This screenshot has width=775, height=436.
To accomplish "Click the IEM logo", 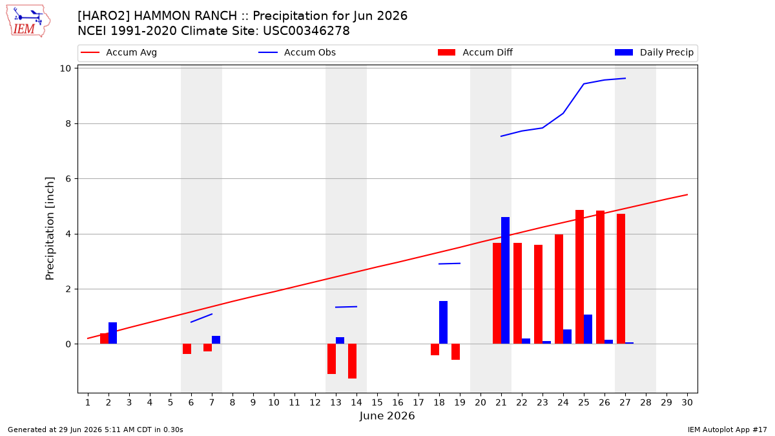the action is (x=28, y=21).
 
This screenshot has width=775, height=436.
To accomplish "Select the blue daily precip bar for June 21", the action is (x=505, y=280).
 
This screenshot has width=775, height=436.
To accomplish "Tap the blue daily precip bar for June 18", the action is (x=443, y=322).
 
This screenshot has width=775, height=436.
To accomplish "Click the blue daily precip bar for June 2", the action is (x=113, y=333).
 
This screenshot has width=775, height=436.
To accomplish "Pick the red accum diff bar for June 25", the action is (x=579, y=277).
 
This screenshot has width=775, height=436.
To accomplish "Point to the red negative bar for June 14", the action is (x=352, y=361).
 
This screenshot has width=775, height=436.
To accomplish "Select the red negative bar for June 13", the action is (x=331, y=359).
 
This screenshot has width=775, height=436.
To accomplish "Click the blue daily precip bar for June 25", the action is (x=588, y=329).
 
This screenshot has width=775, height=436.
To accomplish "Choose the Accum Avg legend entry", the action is (x=119, y=52).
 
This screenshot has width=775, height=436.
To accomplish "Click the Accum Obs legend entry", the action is (x=297, y=52).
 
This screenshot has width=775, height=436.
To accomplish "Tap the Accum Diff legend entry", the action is (x=475, y=52).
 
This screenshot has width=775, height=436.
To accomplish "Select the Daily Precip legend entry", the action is (x=654, y=52).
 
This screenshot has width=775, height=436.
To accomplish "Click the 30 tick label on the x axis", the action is (x=687, y=402).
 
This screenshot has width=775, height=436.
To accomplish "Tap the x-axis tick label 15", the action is (x=377, y=402).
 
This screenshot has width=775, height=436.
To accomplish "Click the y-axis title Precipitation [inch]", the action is (x=50, y=229).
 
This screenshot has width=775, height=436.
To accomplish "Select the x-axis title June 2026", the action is (x=387, y=416).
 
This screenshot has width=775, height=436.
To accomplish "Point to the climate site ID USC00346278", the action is (x=306, y=31).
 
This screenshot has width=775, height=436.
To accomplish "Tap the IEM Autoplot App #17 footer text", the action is (x=727, y=430).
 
